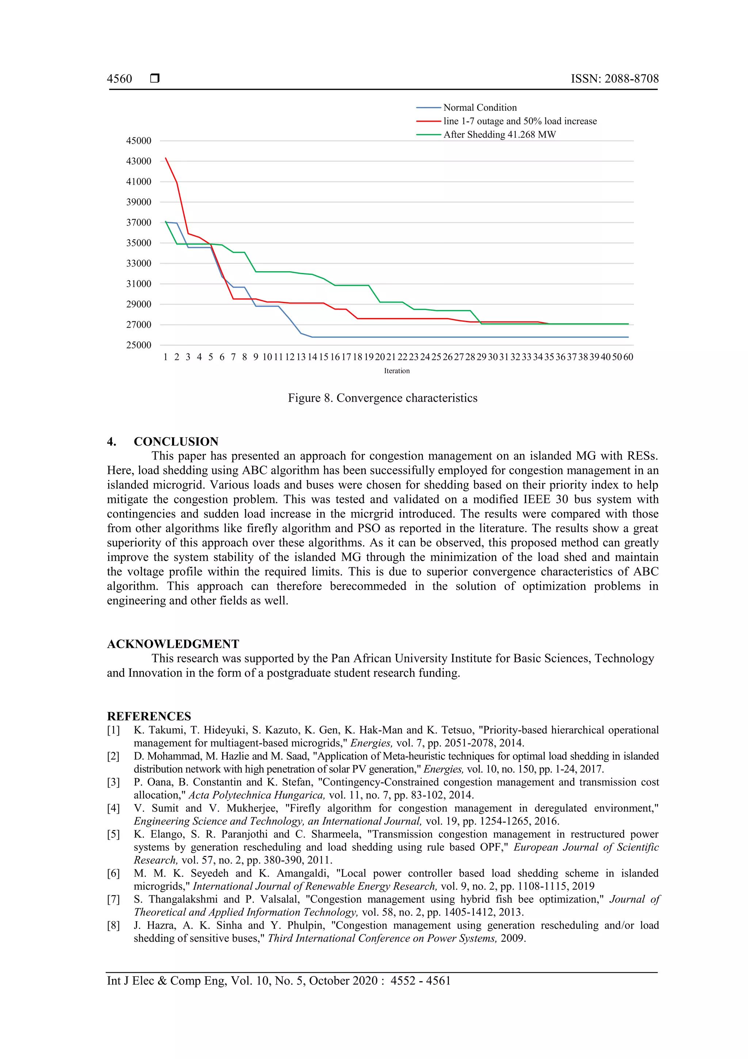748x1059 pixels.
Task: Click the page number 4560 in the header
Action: point(119,79)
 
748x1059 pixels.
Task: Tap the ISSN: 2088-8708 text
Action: point(614,79)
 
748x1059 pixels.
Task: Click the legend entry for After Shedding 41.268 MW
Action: point(499,135)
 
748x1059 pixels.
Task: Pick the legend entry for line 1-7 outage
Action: point(519,121)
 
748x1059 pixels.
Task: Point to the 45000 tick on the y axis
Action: point(139,141)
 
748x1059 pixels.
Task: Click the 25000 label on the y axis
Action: point(139,345)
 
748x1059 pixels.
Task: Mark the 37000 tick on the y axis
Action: point(139,223)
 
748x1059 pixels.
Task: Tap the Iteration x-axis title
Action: point(396,371)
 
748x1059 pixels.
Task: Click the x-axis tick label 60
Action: point(628,357)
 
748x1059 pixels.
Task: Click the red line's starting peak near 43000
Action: point(166,159)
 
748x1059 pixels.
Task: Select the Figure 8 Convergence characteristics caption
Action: point(382,398)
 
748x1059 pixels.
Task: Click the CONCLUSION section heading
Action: point(176,442)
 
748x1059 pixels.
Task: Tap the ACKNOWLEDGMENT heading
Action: point(173,644)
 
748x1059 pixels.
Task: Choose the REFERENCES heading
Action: point(149,716)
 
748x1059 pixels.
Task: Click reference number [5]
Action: point(113,835)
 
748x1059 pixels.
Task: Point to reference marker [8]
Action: point(113,925)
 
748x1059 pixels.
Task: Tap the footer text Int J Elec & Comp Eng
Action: point(166,981)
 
